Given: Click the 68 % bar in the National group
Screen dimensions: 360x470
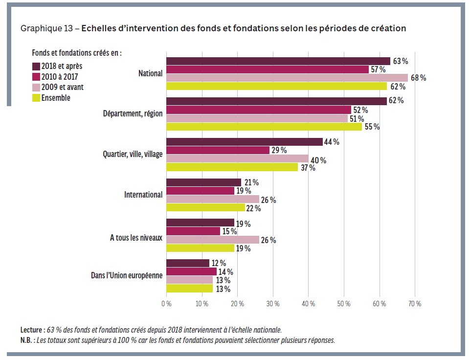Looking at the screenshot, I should click(287, 78).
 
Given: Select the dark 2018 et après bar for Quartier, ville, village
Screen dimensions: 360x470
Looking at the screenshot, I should click(245, 142).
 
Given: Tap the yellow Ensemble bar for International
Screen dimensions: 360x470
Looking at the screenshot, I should click(205, 207).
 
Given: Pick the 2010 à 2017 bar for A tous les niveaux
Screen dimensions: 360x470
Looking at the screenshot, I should click(193, 231).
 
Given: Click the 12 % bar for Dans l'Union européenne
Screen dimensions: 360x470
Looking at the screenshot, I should click(188, 263).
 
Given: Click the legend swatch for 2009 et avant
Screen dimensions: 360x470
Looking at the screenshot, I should click(36, 87).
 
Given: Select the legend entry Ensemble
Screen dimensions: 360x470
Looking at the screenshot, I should click(56, 98).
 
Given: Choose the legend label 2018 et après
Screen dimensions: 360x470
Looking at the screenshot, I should click(61, 66).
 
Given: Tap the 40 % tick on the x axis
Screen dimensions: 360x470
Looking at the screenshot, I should click(308, 303).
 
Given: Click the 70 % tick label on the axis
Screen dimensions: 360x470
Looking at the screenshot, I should click(414, 303).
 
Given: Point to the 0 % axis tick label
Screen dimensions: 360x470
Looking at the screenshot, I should click(166, 303).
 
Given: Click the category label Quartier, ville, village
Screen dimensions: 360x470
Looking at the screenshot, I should click(132, 154).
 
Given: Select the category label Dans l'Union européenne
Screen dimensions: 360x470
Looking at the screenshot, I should click(127, 275).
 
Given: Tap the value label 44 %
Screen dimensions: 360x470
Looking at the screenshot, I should click(332, 142).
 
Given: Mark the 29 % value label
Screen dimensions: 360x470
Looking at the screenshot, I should click(279, 150).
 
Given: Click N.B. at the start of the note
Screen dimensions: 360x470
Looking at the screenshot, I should click(27, 340).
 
